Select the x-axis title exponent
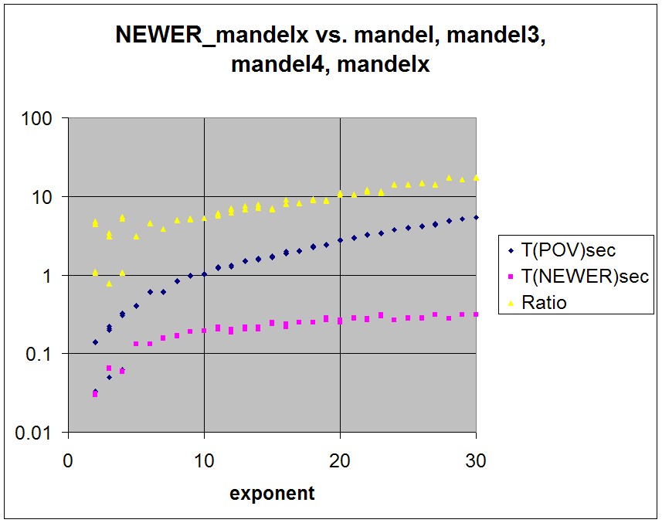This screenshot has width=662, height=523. click(x=272, y=494)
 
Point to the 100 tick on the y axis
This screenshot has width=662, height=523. click(x=38, y=119)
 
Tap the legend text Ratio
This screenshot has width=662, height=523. click(x=544, y=303)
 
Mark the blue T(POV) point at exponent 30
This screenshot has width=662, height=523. click(x=476, y=217)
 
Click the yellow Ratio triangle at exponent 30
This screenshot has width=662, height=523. click(x=476, y=178)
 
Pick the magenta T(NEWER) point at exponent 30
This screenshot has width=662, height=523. click(x=476, y=314)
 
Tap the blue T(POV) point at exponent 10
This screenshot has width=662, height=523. click(x=204, y=274)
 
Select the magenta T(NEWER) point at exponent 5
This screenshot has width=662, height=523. click(x=136, y=344)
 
